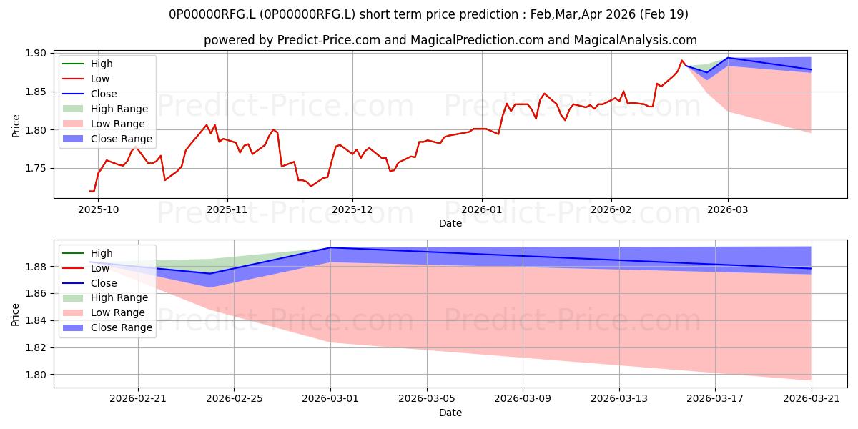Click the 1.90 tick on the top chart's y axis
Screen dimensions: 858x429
point(36,53)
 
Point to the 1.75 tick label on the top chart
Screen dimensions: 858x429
point(36,169)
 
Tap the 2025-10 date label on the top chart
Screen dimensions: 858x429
point(99,210)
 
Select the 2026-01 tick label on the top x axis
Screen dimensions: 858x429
point(482,210)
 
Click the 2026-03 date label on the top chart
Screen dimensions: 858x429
point(728,210)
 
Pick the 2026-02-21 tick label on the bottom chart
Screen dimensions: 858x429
point(138,399)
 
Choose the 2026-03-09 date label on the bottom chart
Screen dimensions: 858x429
point(523,399)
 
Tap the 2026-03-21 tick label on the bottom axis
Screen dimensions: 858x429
point(812,399)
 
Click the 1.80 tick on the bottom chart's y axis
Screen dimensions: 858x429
point(36,375)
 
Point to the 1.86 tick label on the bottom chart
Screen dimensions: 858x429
point(36,294)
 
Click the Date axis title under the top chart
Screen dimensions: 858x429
point(450,223)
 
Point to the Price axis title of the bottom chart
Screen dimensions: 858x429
point(15,315)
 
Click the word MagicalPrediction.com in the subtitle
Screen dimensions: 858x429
point(477,40)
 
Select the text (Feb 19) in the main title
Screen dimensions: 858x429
point(664,14)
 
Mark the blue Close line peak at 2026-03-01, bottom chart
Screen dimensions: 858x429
point(330,248)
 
